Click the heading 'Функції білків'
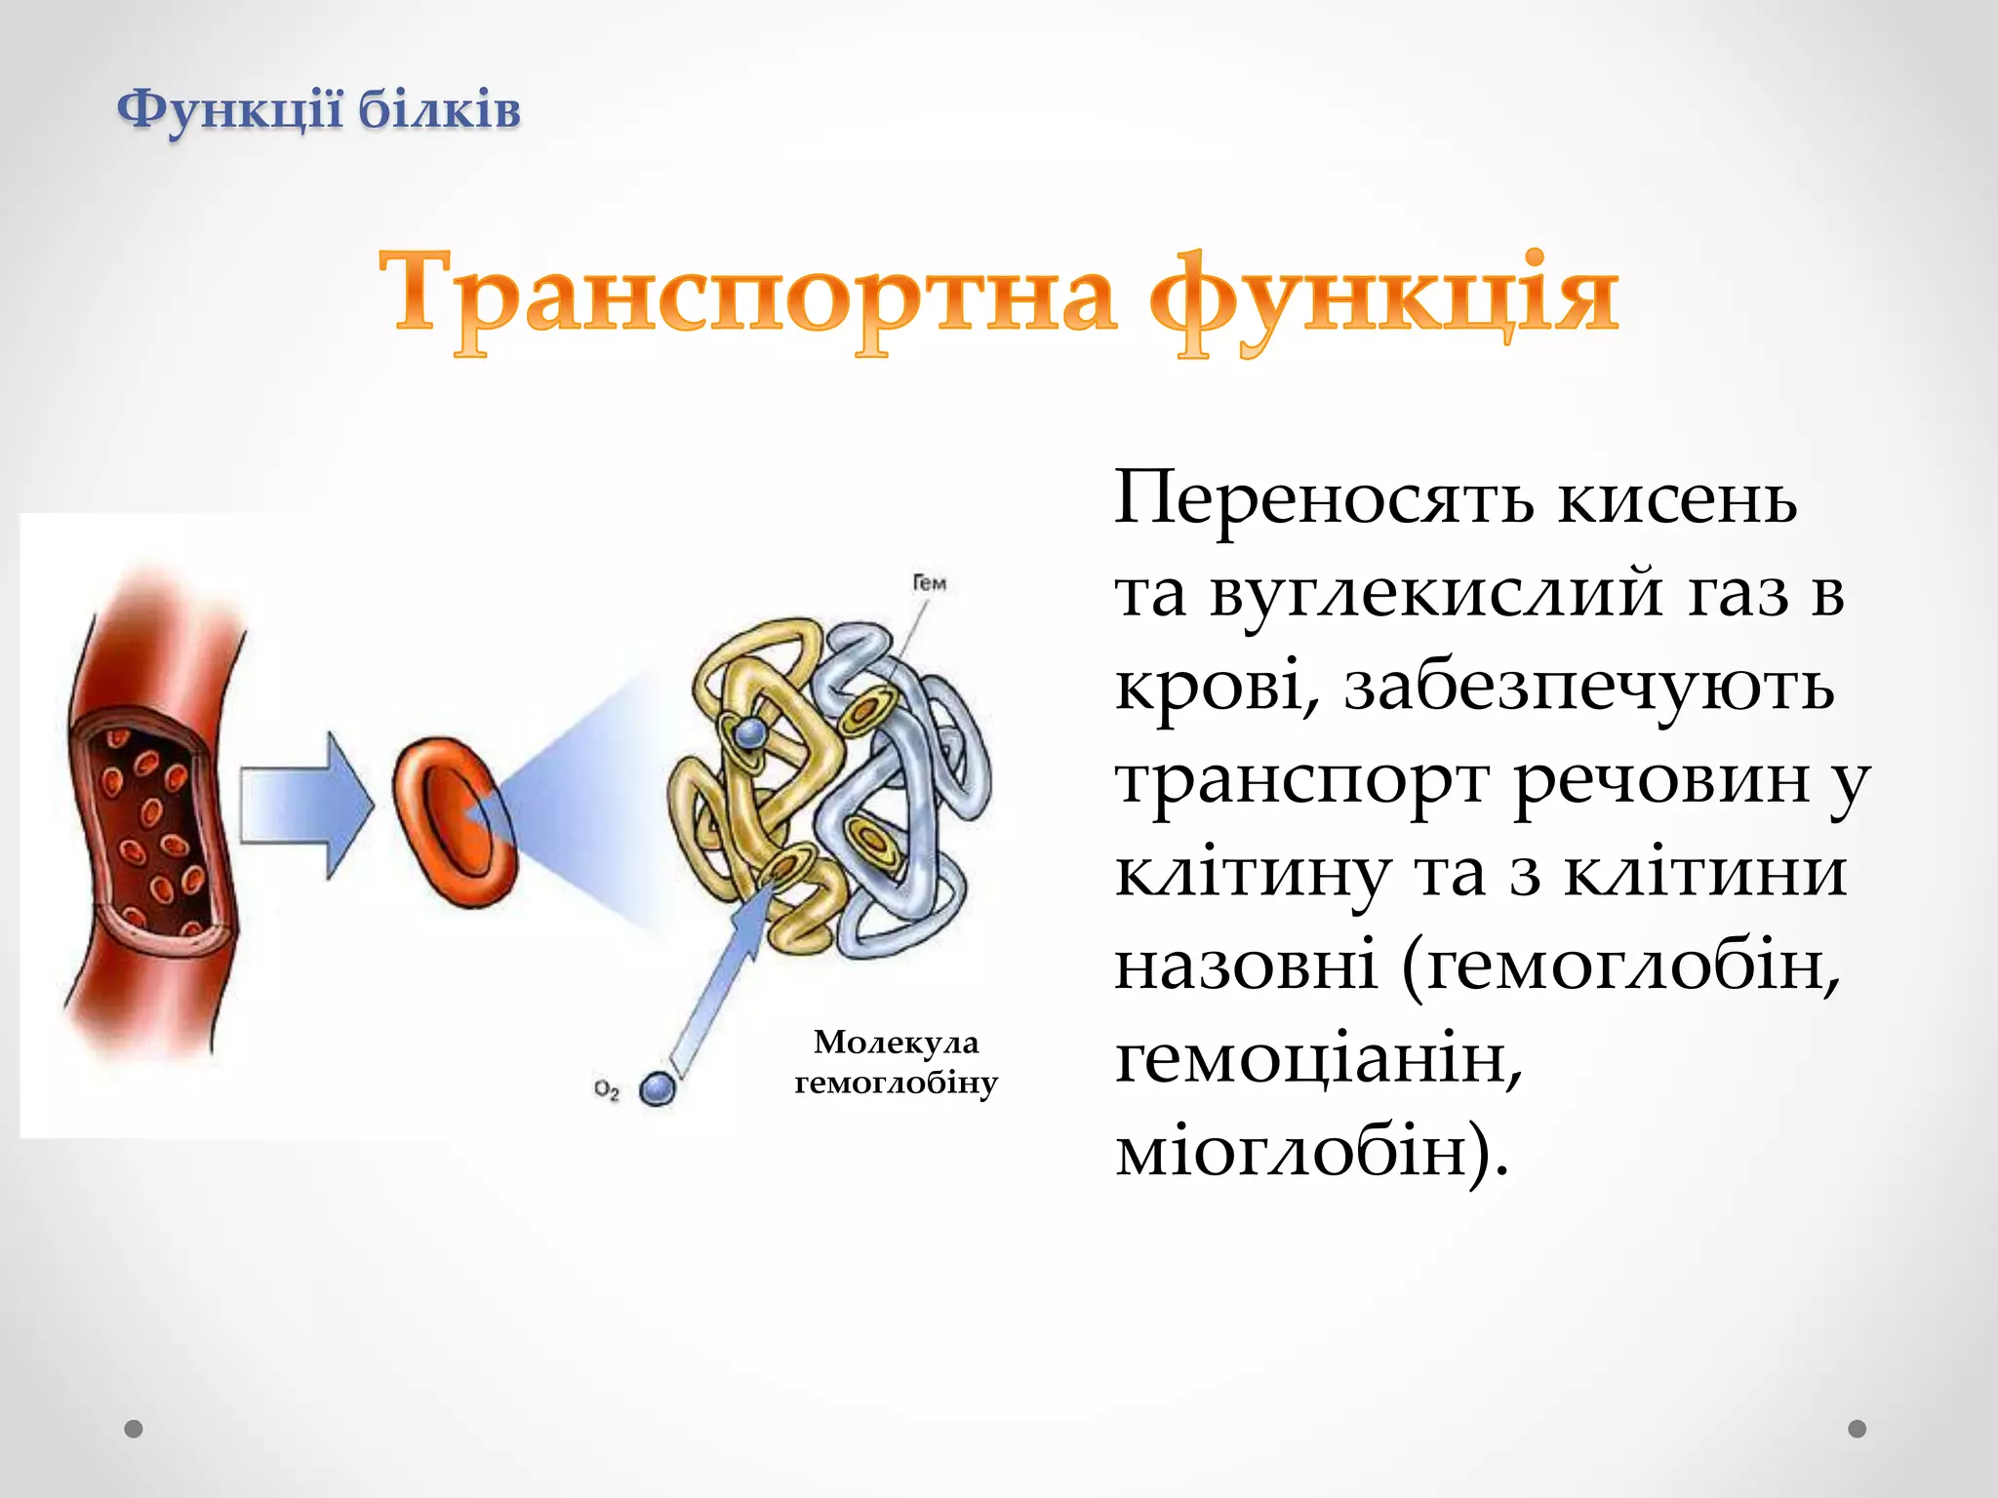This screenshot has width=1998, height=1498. tap(318, 109)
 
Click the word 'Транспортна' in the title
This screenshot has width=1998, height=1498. tap(746, 295)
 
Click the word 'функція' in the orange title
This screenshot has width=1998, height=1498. tap(1383, 295)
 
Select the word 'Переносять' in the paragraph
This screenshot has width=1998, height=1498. tap(1324, 499)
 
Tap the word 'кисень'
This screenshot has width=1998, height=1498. tap(1676, 499)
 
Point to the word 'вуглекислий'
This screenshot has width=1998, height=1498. tap(1435, 593)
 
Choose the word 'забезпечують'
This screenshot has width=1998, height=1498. tap(1589, 687)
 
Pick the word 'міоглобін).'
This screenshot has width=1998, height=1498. tap(1311, 1151)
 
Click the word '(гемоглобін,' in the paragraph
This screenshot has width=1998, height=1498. tap(1620, 966)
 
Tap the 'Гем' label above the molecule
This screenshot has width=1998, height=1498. tap(929, 583)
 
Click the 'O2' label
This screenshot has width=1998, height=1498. tap(607, 1089)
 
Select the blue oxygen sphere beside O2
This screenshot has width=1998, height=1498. tap(658, 1088)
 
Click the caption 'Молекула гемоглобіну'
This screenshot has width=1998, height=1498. tap(896, 1062)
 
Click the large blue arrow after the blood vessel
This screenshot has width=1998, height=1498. tap(304, 806)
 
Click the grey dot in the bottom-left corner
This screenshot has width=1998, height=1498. tap(134, 1429)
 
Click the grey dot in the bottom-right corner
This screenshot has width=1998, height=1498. tap(1857, 1429)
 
